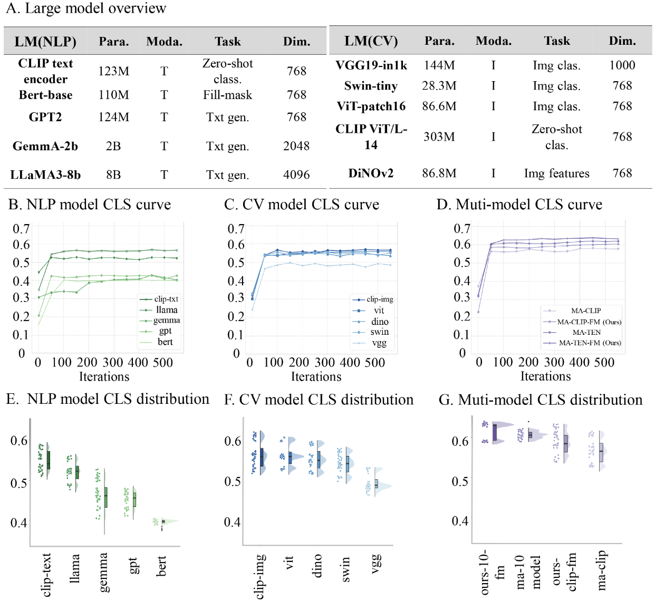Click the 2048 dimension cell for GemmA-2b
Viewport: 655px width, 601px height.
click(x=296, y=146)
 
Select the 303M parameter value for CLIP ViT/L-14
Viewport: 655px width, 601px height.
click(x=439, y=137)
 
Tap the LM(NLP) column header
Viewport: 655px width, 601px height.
click(x=45, y=42)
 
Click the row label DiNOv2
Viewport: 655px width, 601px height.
click(x=371, y=173)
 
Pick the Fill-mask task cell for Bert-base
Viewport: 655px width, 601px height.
click(x=227, y=95)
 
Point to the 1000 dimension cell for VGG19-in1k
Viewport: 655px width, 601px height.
click(x=622, y=65)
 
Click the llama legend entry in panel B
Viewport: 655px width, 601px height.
click(x=167, y=310)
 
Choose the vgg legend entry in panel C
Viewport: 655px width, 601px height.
click(x=379, y=343)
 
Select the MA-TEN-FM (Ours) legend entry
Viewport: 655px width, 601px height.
click(x=590, y=343)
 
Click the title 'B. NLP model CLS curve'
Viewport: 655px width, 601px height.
click(x=90, y=205)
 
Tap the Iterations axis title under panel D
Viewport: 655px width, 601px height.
click(x=545, y=376)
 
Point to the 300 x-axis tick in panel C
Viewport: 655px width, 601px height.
click(x=324, y=363)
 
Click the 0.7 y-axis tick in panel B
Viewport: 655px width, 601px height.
click(x=21, y=229)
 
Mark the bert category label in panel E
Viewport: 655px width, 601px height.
click(x=161, y=566)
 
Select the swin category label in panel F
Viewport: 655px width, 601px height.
click(x=345, y=569)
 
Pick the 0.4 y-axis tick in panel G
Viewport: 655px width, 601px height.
click(x=460, y=521)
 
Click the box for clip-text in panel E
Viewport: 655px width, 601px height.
click(x=49, y=460)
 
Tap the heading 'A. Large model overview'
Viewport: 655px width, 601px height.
click(x=86, y=8)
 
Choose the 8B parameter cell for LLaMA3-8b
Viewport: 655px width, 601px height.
click(x=113, y=175)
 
